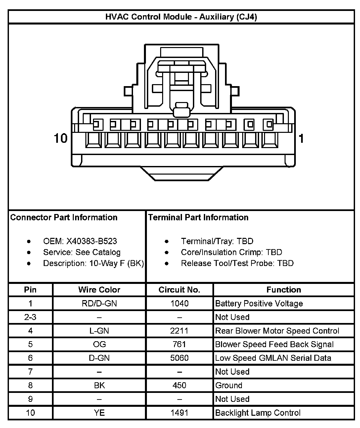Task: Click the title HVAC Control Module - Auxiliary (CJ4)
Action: point(181,17)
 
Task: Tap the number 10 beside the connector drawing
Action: point(61,138)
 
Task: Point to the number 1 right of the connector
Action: point(301,138)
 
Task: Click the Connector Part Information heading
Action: point(64,217)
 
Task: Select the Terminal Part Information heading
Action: point(198,217)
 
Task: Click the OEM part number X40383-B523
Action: point(91,241)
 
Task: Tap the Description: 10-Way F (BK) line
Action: point(93,263)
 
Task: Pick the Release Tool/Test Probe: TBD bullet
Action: point(237,263)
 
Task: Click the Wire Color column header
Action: point(99,290)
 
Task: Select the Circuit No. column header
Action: point(179,290)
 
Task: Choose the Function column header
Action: point(284,290)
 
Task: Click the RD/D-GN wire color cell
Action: point(99,303)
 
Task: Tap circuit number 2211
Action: point(179,331)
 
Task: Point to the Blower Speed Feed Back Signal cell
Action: point(274,344)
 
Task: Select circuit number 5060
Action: point(179,358)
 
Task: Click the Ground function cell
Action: point(229,385)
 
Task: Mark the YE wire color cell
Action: point(99,413)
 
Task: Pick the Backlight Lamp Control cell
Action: point(258,413)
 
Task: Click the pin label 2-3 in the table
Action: point(30,317)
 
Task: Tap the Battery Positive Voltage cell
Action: point(259,303)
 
